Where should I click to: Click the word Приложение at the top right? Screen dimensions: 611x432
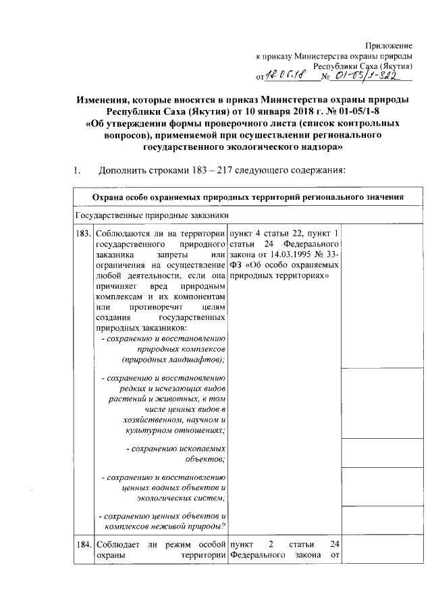[x=389, y=44]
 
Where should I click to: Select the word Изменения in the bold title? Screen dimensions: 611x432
[x=107, y=100]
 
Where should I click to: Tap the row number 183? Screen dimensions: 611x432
[x=84, y=233]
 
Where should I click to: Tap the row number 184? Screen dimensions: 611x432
[x=84, y=544]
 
